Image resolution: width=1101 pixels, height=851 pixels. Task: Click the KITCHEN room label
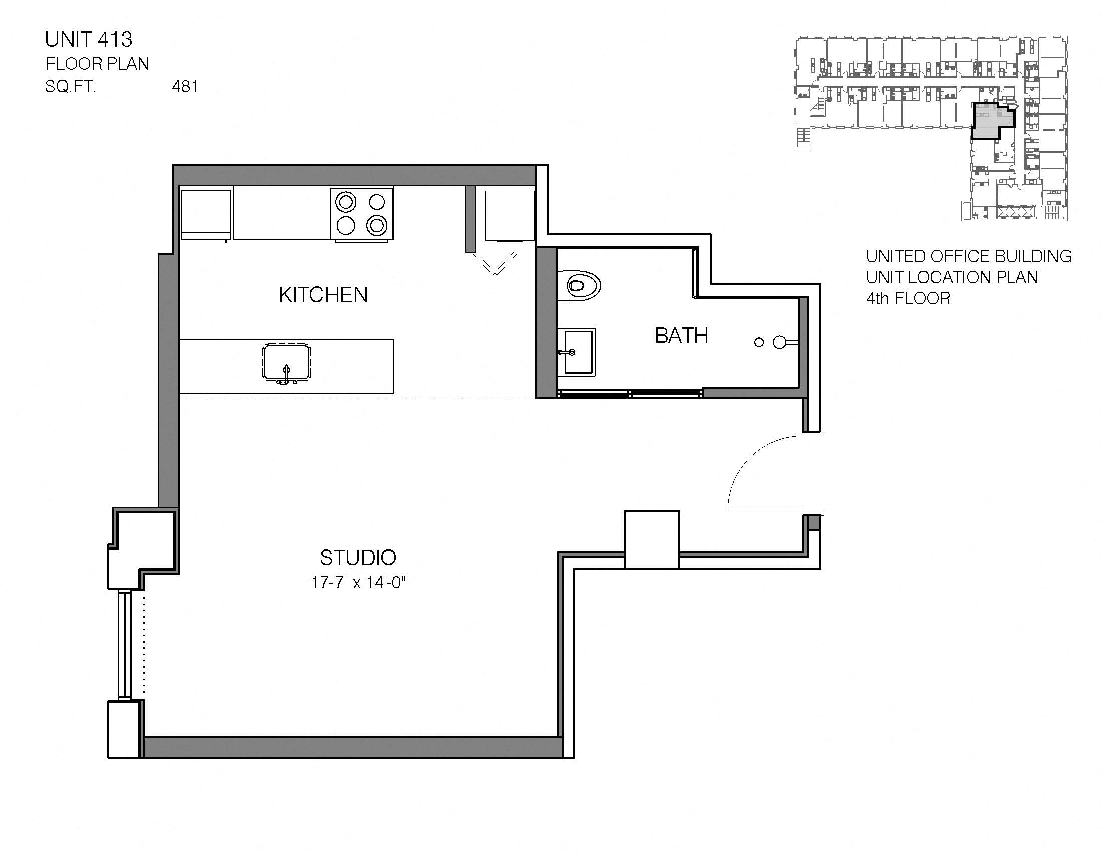coord(323,295)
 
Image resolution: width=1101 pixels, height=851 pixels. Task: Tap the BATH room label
coord(681,336)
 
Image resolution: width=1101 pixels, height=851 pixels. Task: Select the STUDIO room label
coord(358,558)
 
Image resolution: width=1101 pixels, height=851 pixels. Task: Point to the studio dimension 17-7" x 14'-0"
coord(358,583)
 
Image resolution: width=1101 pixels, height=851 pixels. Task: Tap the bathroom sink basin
coord(578,352)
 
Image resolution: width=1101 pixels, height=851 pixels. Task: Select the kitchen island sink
coord(286,363)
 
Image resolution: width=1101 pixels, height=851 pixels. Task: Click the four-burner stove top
coord(361,214)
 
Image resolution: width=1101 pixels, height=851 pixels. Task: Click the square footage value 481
coord(185,87)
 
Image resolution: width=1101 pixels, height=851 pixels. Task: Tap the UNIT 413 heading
coord(89,40)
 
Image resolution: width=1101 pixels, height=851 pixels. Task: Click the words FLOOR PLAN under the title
coord(97,64)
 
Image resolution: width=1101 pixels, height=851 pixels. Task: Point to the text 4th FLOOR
coord(908,299)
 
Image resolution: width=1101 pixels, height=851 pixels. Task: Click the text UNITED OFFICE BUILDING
coord(968,257)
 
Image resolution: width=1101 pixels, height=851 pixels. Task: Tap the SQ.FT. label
coord(70,87)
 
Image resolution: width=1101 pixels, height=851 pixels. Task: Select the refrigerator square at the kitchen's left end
coord(206,213)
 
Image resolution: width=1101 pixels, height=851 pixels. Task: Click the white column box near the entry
coord(652,540)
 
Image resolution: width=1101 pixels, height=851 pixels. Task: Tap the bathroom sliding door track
coord(629,394)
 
